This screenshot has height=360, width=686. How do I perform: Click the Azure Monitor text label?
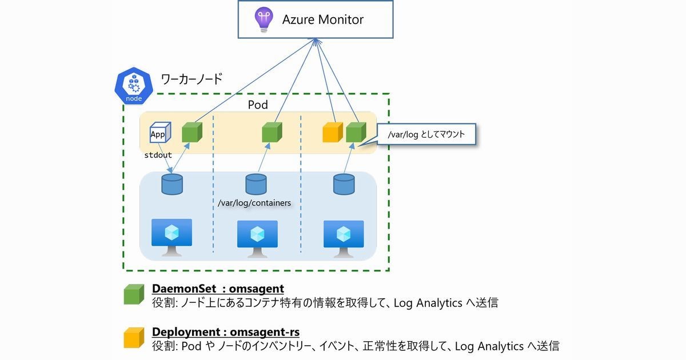click(x=322, y=19)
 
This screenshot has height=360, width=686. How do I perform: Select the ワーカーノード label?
click(x=191, y=79)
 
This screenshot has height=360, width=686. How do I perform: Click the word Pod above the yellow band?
click(x=258, y=105)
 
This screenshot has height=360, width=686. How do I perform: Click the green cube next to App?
click(x=192, y=133)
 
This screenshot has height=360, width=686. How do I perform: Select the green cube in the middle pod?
click(x=272, y=133)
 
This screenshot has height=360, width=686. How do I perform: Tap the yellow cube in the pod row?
click(x=332, y=133)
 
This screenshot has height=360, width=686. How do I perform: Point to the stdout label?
click(x=158, y=155)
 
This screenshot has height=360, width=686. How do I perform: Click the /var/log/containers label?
click(x=254, y=203)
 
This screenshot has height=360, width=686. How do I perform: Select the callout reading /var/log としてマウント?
click(x=426, y=135)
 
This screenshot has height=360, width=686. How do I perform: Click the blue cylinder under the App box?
click(x=172, y=184)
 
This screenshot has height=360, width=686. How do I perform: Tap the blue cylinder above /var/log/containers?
click(x=256, y=184)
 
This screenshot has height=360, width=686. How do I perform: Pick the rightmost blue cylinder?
click(x=343, y=184)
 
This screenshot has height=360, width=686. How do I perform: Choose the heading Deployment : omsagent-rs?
click(x=225, y=332)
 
